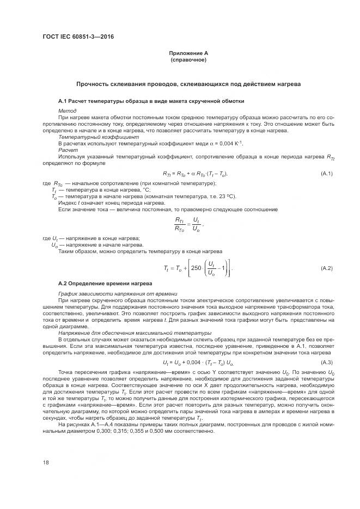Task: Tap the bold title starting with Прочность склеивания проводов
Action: tap(188, 84)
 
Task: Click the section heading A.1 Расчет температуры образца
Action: tap(143, 101)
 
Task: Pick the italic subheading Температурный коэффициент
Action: tap(90, 137)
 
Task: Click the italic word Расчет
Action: tap(68, 149)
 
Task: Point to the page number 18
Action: tap(46, 462)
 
